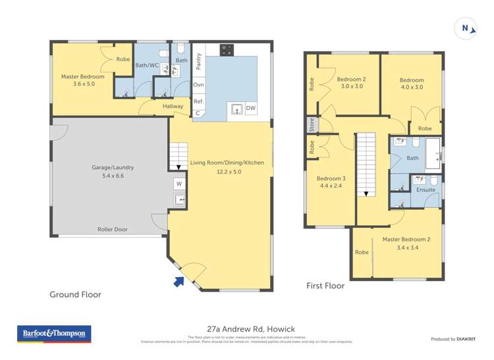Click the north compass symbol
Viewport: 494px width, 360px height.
point(466,28)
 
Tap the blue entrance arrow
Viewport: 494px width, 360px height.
point(178,282)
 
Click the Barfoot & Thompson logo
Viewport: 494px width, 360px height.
point(54,334)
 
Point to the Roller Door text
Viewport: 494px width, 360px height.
point(113,230)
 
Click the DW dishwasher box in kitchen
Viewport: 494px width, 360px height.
point(251,109)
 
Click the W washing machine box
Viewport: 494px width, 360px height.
point(178,184)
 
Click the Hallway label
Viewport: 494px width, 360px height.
point(170,106)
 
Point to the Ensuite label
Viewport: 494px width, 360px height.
point(425,190)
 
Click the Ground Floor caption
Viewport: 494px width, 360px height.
point(76,295)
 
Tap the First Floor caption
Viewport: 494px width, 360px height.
point(325,286)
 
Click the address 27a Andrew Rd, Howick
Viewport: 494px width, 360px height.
point(247,328)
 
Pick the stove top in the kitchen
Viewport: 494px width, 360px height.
point(227,49)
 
